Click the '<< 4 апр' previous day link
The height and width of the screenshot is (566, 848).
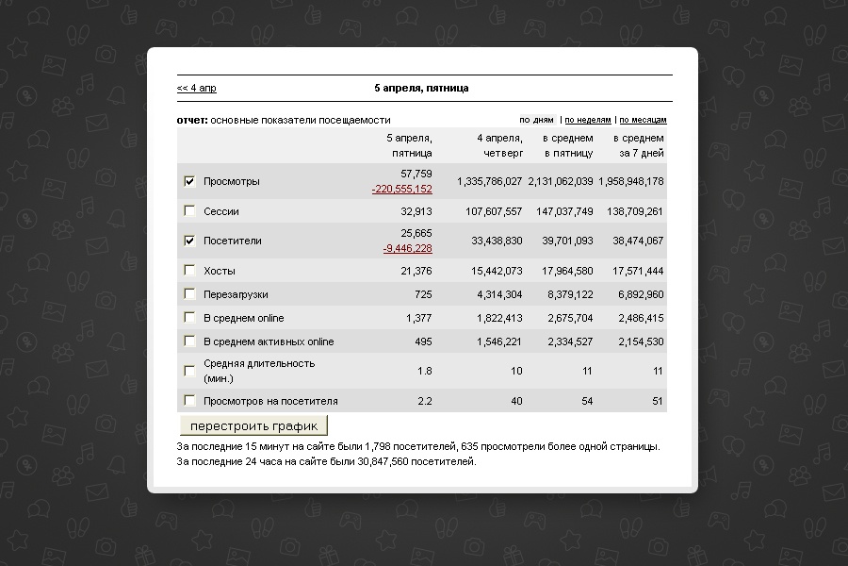tap(196, 89)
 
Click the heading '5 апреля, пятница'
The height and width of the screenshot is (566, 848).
tap(421, 89)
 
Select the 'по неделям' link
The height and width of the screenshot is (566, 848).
tap(588, 121)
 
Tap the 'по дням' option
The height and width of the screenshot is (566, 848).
tap(536, 121)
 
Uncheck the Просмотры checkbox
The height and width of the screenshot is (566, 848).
tap(190, 181)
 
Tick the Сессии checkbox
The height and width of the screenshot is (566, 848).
tap(190, 211)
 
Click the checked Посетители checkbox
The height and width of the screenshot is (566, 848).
tap(190, 241)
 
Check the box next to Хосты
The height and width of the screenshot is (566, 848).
tap(190, 271)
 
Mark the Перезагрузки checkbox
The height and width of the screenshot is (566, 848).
tap(190, 294)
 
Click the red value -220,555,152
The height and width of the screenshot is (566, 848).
tap(401, 190)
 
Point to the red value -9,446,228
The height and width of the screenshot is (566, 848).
tap(407, 249)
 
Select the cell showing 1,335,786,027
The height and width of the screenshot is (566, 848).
tap(489, 181)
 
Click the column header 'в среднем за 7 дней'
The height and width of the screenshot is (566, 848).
tap(641, 145)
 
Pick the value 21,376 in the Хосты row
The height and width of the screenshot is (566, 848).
tap(416, 272)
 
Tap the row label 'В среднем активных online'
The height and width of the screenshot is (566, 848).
tap(269, 341)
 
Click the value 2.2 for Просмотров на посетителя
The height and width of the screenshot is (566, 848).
tap(424, 401)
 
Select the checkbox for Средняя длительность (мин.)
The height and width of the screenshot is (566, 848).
tap(190, 371)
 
